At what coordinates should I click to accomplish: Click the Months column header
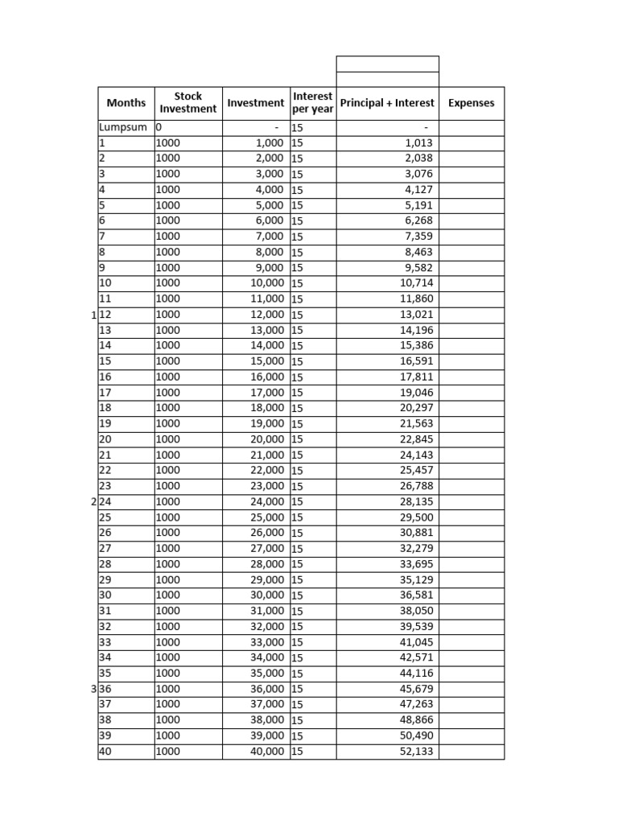[126, 103]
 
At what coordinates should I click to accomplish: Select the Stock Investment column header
[188, 102]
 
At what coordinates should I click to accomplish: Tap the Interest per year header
[312, 102]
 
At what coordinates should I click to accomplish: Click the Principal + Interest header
[387, 103]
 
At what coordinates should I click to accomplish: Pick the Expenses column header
[471, 103]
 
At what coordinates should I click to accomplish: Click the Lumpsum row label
[123, 127]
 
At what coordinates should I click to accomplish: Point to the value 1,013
[418, 143]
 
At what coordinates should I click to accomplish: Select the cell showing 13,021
[416, 314]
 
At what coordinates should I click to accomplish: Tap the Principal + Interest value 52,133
[416, 751]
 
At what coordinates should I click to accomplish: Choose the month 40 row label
[105, 751]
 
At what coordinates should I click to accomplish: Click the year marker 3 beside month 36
[93, 689]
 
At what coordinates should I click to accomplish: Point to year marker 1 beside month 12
[93, 314]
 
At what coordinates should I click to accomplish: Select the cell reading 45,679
[416, 689]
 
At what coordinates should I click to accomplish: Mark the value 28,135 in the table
[416, 501]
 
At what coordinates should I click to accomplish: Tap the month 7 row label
[102, 237]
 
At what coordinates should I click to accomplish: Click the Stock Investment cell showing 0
[159, 127]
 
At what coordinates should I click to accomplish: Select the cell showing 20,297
[416, 408]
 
